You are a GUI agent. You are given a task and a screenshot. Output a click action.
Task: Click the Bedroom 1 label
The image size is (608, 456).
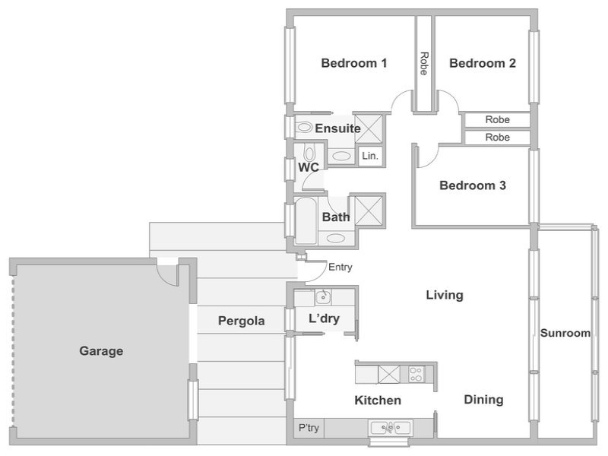coord(354,63)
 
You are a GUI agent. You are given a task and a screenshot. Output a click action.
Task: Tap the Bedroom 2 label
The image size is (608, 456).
coord(483,63)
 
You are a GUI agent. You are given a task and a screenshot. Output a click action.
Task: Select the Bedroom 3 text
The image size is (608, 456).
coord(473,185)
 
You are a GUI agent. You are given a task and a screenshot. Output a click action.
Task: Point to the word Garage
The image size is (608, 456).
coord(101,351)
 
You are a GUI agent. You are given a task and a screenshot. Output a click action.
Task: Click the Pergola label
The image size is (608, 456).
coord(241,321)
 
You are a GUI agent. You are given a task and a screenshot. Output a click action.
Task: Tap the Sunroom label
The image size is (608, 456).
coord(565,333)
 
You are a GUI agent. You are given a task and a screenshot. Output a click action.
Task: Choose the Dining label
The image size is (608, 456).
coord(483,400)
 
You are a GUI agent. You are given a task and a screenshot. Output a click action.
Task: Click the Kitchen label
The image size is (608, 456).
coord(378,401)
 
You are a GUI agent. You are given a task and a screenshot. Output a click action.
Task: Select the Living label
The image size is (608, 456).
coord(445,296)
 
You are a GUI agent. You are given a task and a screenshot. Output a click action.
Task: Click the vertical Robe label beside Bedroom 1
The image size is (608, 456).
coord(424,63)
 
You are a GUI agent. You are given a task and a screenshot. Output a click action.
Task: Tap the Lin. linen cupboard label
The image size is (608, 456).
coord(369,156)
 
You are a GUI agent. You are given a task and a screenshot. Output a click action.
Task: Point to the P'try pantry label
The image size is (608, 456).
coord(309,428)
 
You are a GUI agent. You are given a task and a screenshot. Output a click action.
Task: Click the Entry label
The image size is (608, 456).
coord(340,268)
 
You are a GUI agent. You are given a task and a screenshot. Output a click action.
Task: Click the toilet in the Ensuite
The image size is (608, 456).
coord(304,127)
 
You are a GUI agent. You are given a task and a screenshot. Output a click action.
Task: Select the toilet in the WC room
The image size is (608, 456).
coord(309,154)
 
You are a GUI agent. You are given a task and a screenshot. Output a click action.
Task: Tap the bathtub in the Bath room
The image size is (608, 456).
coord(306,221)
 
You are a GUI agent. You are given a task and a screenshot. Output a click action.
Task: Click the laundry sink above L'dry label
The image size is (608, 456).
coord(322,297)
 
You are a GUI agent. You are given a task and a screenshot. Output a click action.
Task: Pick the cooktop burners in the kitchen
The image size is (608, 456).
coord(416,374)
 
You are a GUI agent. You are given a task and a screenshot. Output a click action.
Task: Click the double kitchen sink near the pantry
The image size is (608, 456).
coord(390,428)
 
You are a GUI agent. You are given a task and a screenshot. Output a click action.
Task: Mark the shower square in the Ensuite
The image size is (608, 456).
coord(369,128)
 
